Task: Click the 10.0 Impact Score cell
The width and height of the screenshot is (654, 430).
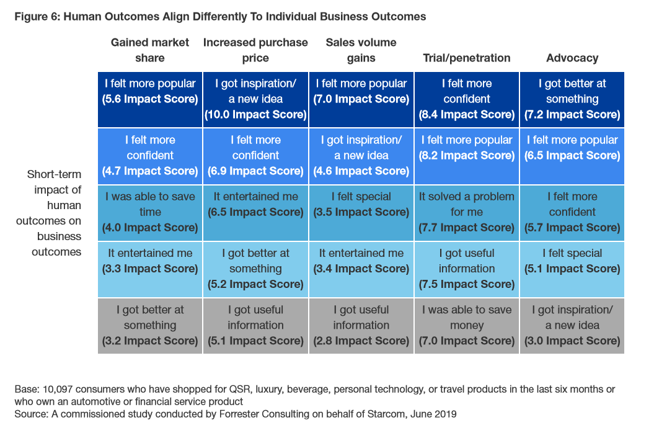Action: click(x=255, y=99)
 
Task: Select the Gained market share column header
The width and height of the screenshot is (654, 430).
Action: click(x=150, y=50)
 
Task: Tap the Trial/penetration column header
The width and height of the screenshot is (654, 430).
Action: click(x=467, y=58)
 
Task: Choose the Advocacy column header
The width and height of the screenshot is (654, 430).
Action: click(x=572, y=58)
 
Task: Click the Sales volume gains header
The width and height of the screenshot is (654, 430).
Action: click(x=361, y=50)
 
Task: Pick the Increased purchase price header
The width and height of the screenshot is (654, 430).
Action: click(x=255, y=50)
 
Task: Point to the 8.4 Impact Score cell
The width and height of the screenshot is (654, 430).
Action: click(x=467, y=99)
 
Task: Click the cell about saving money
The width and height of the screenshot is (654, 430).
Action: click(x=467, y=325)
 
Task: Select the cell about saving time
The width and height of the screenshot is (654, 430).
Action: click(x=150, y=212)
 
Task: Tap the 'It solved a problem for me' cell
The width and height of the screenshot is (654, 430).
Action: click(x=467, y=212)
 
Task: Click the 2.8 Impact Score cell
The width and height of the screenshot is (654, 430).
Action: click(x=361, y=325)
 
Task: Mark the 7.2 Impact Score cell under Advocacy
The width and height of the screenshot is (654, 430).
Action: click(x=572, y=99)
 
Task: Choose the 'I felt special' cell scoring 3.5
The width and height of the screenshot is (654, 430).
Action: click(x=361, y=204)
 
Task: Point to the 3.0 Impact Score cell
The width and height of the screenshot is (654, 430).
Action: click(x=572, y=325)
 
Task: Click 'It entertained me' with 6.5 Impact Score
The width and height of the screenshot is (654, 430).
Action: click(x=255, y=204)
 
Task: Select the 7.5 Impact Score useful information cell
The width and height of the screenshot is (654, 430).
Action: click(x=467, y=269)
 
